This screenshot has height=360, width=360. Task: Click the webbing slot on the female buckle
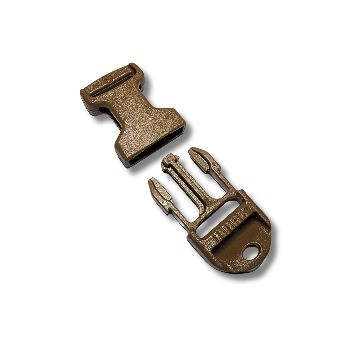pyautogui.click(x=113, y=83)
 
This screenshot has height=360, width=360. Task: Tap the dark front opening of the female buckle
pyautogui.click(x=157, y=147)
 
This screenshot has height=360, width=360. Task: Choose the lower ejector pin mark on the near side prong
pyautogui.click(x=165, y=202)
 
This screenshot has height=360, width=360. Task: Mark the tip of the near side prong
pyautogui.click(x=152, y=182)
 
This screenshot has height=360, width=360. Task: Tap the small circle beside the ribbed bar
pyautogui.click(x=247, y=210)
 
